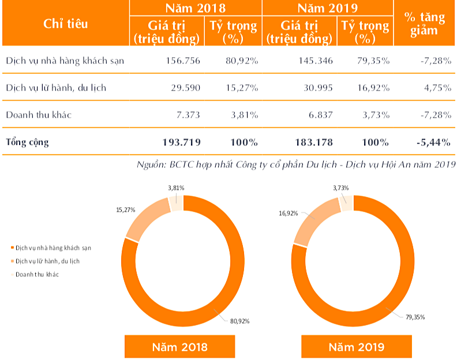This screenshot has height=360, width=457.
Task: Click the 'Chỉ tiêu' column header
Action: [x=65, y=24]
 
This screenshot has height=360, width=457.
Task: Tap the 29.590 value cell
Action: [x=185, y=88]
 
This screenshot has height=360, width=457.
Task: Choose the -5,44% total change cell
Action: [x=433, y=142]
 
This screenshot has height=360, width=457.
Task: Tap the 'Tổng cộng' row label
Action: [x=27, y=142]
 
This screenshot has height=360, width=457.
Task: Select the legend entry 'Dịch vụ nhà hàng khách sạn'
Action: [x=53, y=247]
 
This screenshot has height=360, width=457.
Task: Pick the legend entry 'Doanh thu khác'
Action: [x=38, y=274]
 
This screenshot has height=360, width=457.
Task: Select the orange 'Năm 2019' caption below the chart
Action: [x=357, y=347]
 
